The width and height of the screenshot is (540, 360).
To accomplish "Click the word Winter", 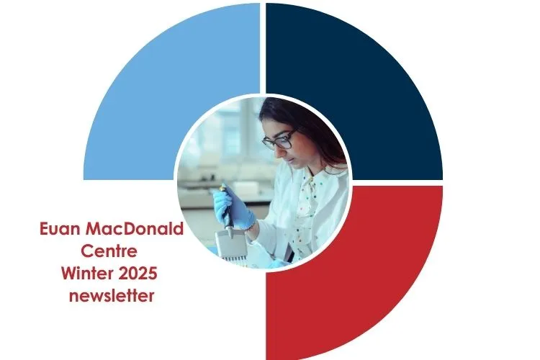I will click(87, 274).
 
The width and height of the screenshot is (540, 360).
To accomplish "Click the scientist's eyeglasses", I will click(279, 139).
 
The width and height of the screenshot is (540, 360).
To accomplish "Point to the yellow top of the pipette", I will click(223, 188).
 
